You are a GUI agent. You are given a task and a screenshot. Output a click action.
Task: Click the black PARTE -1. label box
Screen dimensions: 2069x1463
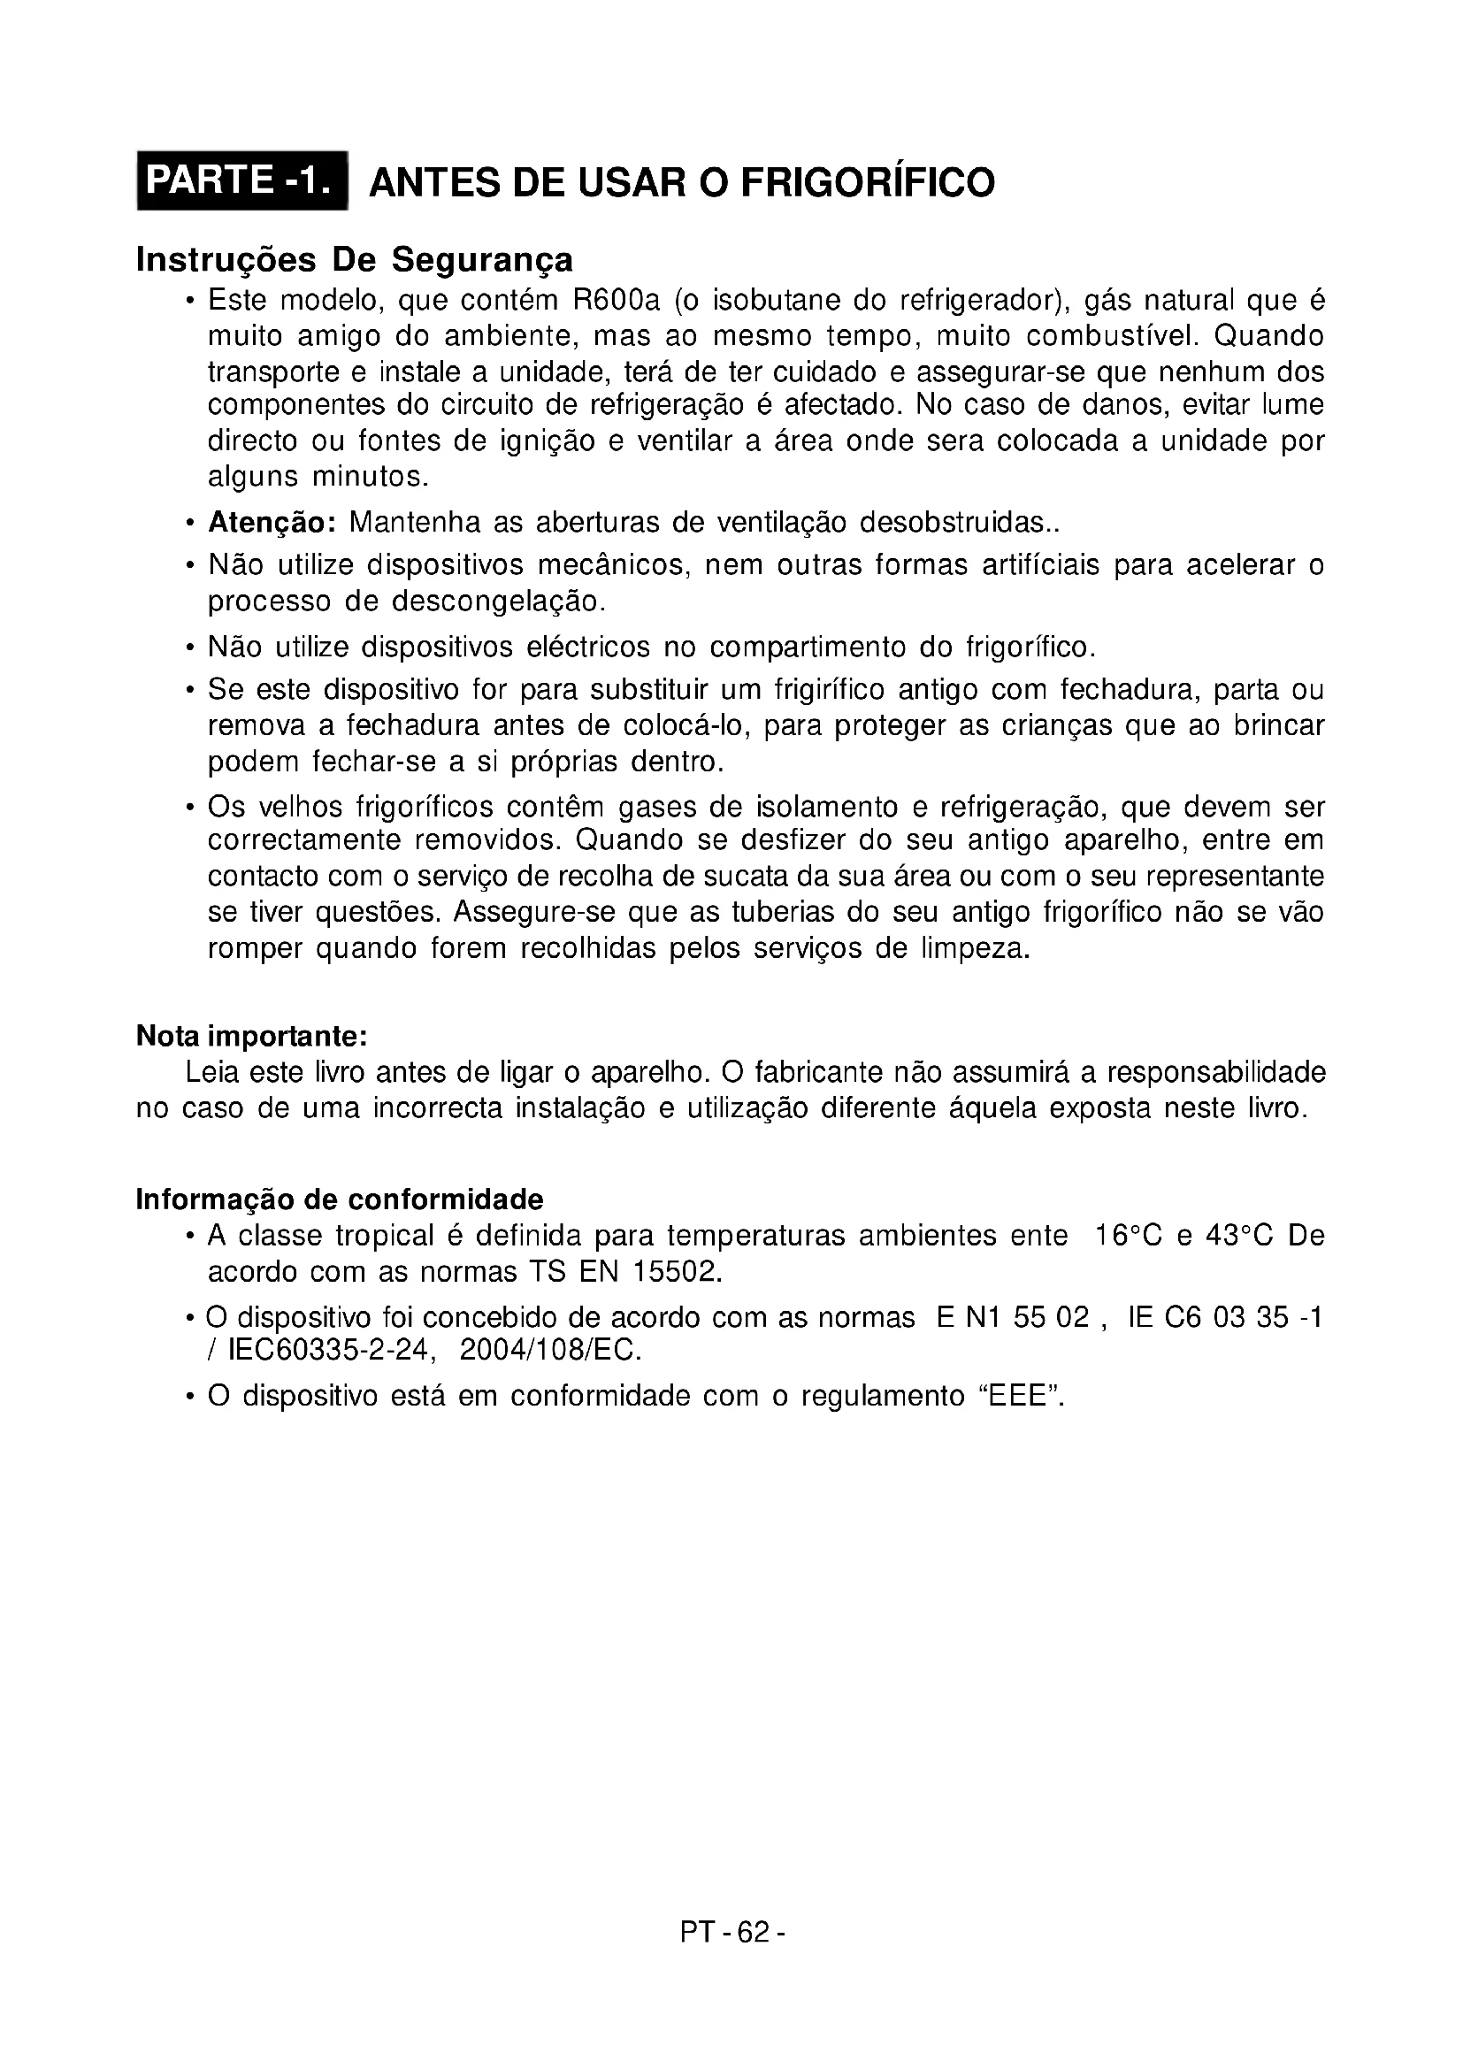[x=241, y=180]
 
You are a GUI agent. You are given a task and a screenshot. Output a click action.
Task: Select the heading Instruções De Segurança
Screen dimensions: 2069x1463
[x=354, y=259]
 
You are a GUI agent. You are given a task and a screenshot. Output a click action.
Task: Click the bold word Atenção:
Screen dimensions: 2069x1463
[x=272, y=522]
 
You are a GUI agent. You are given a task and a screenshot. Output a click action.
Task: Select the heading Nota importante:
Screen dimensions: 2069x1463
[x=251, y=1037]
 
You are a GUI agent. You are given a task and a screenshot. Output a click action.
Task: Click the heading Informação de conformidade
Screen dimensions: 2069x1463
[x=340, y=1199]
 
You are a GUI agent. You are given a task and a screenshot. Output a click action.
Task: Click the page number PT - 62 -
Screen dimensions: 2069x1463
[x=733, y=1932]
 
